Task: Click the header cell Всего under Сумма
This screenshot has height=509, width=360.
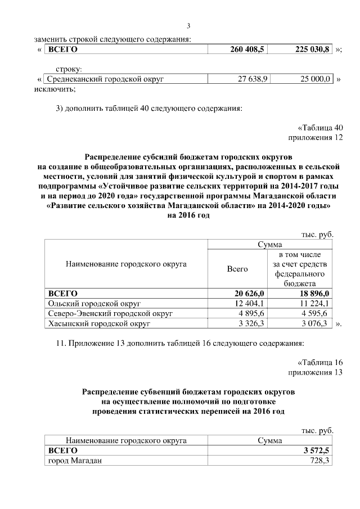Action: tap(237, 269)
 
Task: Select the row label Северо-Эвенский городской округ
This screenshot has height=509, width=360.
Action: tap(110, 313)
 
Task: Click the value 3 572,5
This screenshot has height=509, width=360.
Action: tap(317, 451)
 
